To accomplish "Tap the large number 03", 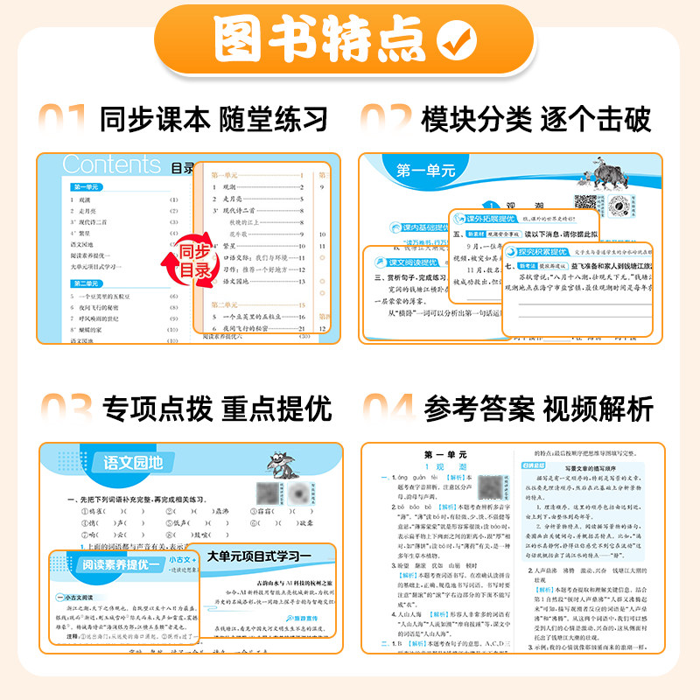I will (x=63, y=407).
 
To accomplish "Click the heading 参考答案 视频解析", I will (x=538, y=407).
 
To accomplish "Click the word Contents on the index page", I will (x=112, y=164).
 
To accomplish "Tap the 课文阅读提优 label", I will (x=410, y=262).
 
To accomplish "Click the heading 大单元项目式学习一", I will (x=259, y=556).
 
